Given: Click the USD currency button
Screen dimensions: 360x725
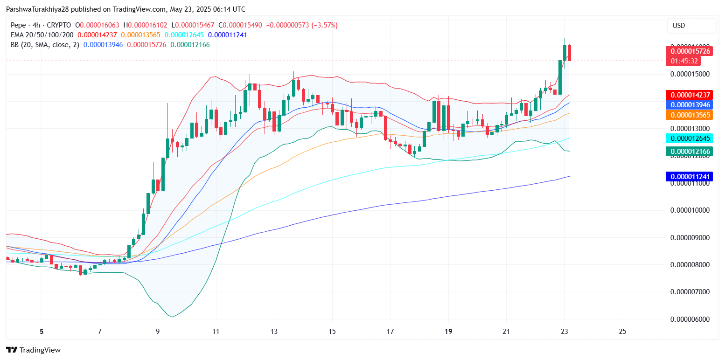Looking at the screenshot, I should (691, 26).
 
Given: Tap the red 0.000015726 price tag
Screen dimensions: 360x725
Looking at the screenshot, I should (690, 51).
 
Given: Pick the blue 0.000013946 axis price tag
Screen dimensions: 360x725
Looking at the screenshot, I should (690, 105).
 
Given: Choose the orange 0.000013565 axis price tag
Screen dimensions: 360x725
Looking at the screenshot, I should (690, 115).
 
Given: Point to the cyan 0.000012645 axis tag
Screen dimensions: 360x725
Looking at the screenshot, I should (690, 138).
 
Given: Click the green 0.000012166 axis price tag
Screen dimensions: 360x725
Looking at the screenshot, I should (690, 151).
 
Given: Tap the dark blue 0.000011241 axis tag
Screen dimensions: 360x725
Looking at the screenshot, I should (690, 177).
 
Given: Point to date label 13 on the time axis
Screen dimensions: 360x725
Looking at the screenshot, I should (274, 332).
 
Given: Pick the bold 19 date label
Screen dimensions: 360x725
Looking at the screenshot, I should (448, 332).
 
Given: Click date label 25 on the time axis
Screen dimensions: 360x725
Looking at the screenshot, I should (622, 332).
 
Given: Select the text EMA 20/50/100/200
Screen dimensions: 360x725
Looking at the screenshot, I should (42, 35).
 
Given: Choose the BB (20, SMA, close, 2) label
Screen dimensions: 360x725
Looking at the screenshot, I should (45, 45).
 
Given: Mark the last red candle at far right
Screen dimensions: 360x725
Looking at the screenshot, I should (569, 53).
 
